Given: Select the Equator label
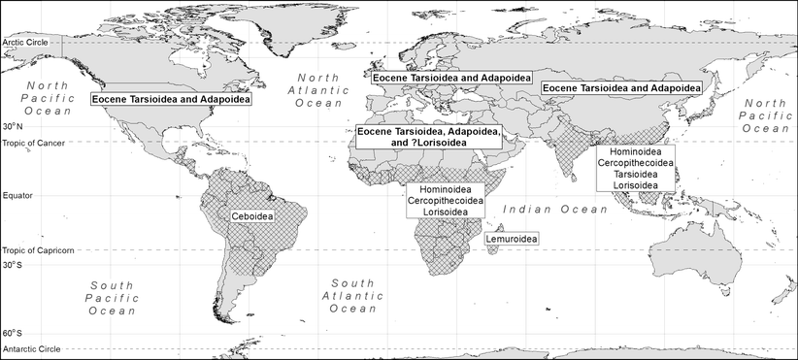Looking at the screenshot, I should pyautogui.click(x=20, y=195).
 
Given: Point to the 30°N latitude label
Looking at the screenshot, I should pyautogui.click(x=14, y=127).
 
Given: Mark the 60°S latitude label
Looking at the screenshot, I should pyautogui.click(x=14, y=333).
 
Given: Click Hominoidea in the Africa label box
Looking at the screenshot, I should pyautogui.click(x=448, y=189).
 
